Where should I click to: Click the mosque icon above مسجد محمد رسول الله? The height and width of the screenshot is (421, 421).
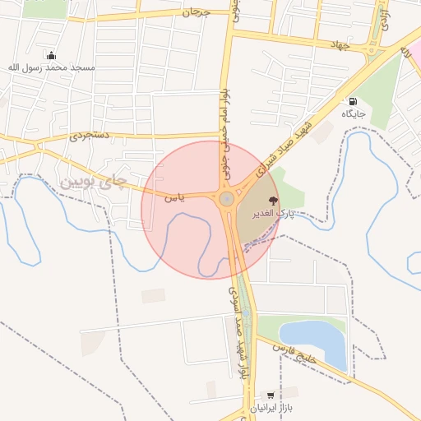tap(52, 56)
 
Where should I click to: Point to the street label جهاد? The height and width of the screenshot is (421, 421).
tap(340, 44)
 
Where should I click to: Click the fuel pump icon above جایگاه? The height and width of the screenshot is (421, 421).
tap(353, 101)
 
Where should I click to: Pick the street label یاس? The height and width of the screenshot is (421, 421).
tap(174, 197)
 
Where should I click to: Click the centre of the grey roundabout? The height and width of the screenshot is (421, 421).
tap(226, 199)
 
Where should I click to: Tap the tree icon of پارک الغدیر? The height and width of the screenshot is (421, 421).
tap(273, 200)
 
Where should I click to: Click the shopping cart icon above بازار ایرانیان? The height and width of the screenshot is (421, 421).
tap(271, 396)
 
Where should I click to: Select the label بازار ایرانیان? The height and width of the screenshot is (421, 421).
tap(271, 408)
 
